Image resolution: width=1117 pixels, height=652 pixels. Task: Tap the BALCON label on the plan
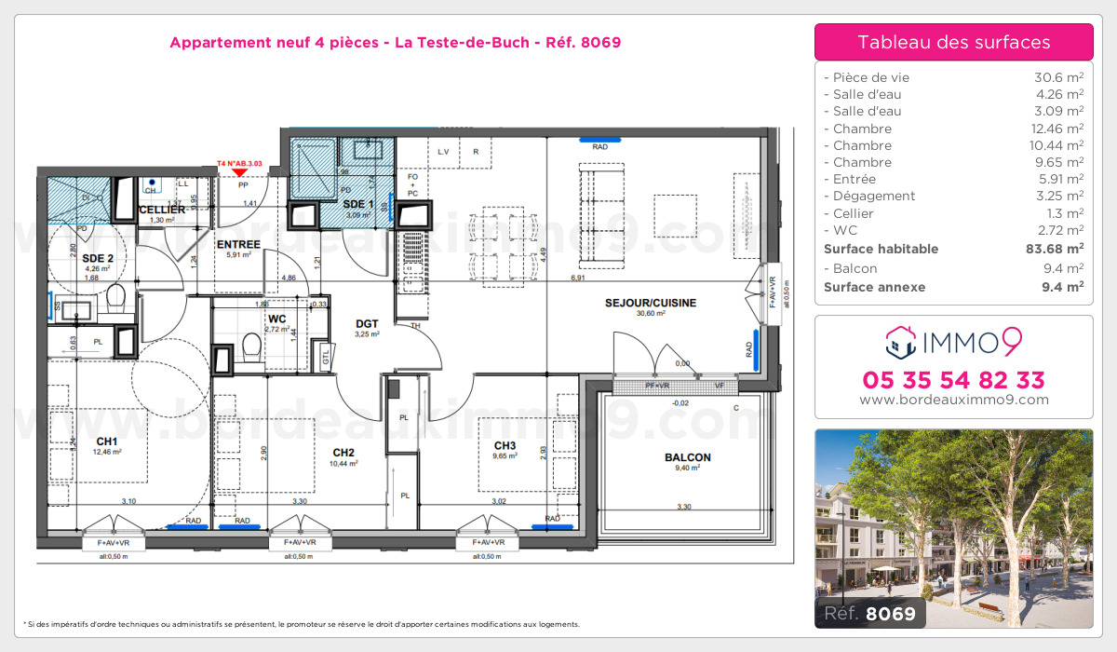[688, 457]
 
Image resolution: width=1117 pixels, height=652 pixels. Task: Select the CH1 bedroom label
[106, 441]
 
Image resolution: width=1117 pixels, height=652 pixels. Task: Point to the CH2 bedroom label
[343, 453]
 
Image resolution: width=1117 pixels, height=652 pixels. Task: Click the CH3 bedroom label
[505, 445]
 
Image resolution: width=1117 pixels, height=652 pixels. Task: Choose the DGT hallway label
[367, 324]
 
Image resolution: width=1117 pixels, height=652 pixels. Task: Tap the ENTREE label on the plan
[237, 245]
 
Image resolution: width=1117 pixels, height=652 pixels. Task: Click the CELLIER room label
[163, 210]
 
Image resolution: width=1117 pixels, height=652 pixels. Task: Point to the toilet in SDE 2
[116, 298]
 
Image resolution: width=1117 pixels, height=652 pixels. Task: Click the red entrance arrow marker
[240, 170]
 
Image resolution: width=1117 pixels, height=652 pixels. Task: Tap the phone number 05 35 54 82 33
[953, 380]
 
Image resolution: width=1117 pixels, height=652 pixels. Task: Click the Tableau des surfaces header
[953, 42]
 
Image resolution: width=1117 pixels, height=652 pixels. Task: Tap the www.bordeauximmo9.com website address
[953, 400]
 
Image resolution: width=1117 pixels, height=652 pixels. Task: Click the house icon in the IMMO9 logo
[898, 343]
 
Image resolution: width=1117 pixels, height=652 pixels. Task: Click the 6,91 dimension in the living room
[577, 278]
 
